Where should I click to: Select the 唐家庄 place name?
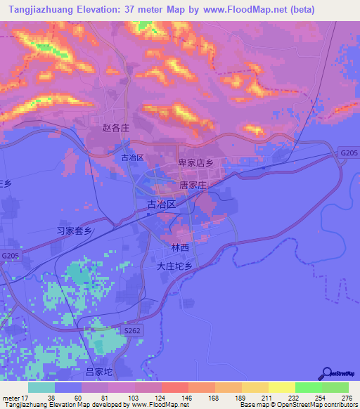193,186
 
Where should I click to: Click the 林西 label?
180,248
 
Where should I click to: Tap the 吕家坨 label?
98,371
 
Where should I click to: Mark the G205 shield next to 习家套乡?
10,256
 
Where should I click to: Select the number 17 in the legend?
27,398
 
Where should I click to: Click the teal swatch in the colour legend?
41,387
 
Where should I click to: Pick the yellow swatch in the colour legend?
281,387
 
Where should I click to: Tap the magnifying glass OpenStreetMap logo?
326,373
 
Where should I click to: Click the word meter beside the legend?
11,398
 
